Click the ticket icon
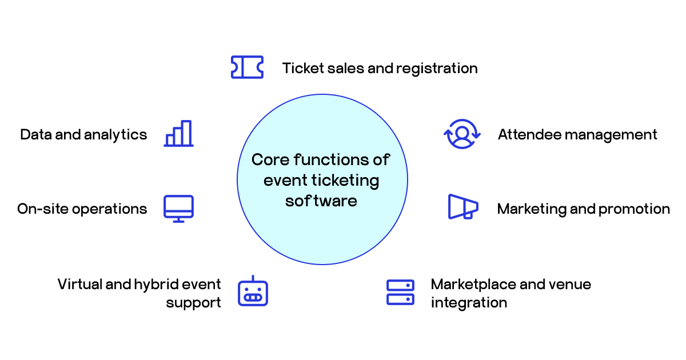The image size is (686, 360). (x=247, y=67)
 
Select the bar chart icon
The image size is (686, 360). (x=178, y=134)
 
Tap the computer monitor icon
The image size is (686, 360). (x=178, y=209)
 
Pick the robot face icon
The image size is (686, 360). (x=252, y=291)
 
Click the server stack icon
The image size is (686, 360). (x=400, y=292)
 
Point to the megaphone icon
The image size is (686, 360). (x=462, y=207)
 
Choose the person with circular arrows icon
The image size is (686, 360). (x=462, y=134)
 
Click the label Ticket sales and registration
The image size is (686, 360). (x=380, y=69)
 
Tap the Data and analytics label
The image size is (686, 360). (x=83, y=135)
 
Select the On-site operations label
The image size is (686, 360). (x=82, y=209)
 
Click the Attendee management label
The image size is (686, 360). (x=577, y=135)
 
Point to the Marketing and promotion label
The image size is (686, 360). (x=583, y=209)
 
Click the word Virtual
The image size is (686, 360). (x=79, y=285)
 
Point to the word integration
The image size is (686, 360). (x=469, y=302)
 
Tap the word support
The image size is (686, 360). (x=193, y=302)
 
